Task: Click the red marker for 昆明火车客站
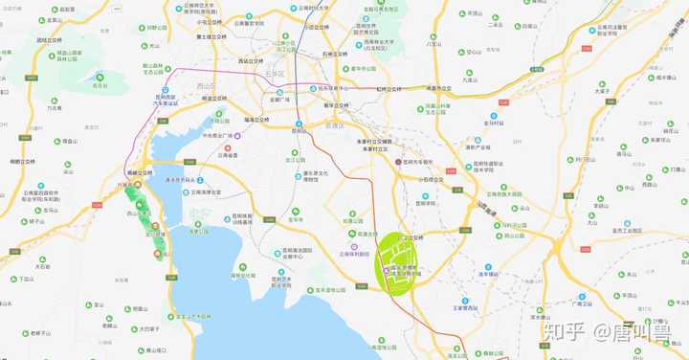(x=400, y=163)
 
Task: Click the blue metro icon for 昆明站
(x=300, y=124)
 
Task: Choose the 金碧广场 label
(x=283, y=98)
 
